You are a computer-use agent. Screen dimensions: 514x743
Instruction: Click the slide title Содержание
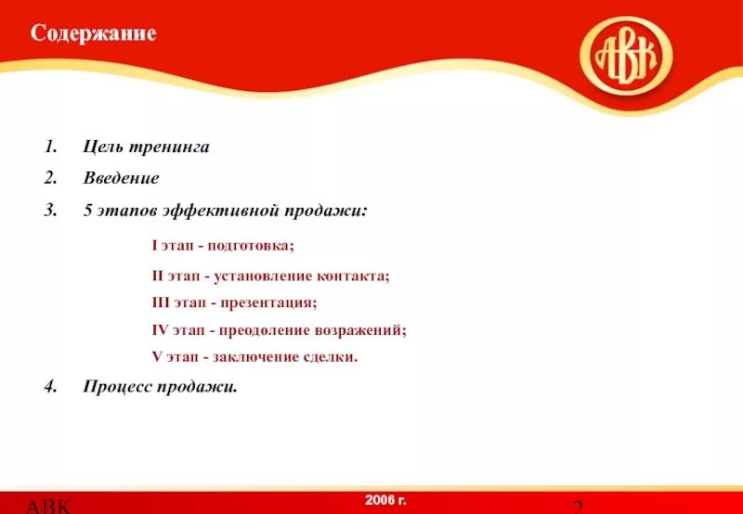click(93, 34)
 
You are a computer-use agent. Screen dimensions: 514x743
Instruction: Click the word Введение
click(121, 178)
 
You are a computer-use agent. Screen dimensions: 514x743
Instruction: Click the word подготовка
click(251, 246)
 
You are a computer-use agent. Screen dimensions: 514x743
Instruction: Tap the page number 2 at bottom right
click(577, 506)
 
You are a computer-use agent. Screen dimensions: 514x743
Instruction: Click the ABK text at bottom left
click(46, 506)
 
